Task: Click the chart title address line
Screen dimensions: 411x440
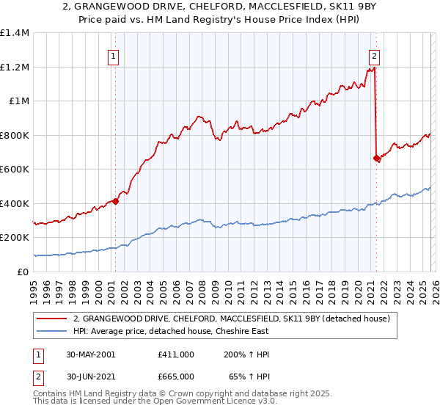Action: [220, 7]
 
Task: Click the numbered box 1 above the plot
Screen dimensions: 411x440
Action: [114, 55]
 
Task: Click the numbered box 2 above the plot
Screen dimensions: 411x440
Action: [375, 55]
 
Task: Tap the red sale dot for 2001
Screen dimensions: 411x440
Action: [115, 202]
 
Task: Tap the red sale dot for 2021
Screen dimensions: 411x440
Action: [376, 158]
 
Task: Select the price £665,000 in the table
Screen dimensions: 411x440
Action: [175, 376]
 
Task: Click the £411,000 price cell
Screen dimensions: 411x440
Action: [175, 354]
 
